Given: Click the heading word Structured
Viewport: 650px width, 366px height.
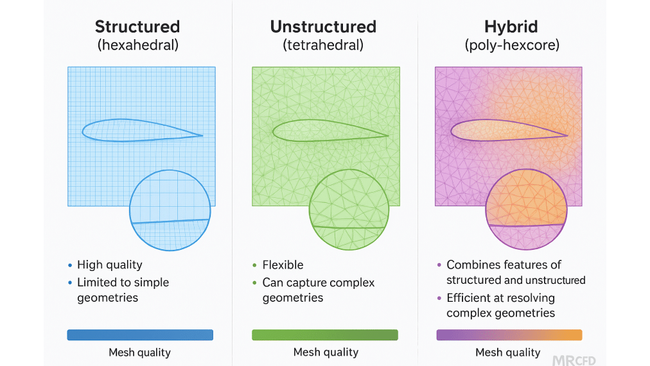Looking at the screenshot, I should tap(137, 27).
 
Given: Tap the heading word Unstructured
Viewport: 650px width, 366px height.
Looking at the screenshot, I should tap(323, 27).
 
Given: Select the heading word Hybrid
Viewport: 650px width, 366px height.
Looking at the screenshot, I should tap(511, 27).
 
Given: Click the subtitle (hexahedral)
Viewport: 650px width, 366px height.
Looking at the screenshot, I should tap(137, 46).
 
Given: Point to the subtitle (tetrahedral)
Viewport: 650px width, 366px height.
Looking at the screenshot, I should tap(323, 46).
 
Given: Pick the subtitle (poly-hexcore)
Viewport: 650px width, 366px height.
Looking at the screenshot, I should tap(511, 46).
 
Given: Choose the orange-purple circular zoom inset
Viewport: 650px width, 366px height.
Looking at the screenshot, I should tap(526, 209).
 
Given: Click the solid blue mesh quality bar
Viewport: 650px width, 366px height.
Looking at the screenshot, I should tap(140, 335).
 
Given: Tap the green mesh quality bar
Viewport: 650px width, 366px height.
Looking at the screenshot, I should tap(325, 335).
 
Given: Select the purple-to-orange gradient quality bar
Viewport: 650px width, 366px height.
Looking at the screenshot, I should tap(509, 335).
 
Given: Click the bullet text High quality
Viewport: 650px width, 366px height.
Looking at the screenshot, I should tap(110, 265).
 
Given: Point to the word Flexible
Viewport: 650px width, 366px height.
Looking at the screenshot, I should tap(283, 265).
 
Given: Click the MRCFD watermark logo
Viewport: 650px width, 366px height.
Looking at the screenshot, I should tap(575, 354).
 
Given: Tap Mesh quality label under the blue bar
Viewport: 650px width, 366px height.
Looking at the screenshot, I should tap(140, 352).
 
